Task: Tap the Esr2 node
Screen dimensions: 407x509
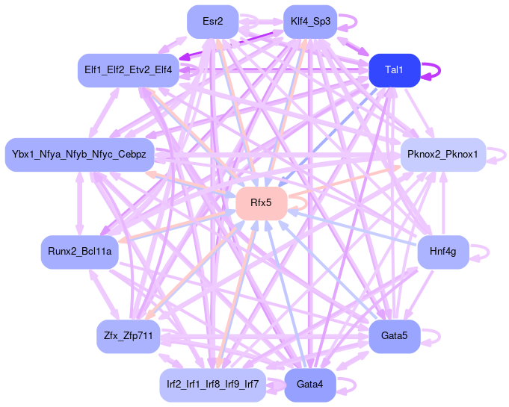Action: [x=213, y=21]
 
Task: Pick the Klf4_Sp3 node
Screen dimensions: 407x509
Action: [x=310, y=21]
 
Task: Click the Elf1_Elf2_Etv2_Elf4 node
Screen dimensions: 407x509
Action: [x=128, y=70]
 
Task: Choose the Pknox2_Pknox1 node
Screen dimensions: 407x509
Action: [x=443, y=155]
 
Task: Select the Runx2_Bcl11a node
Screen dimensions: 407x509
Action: [x=80, y=252]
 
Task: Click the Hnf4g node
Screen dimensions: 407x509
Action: [x=443, y=252]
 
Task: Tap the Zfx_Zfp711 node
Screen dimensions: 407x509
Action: [x=128, y=337]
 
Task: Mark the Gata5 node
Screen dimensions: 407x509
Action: [x=395, y=337]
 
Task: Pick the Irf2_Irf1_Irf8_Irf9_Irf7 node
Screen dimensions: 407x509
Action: [x=213, y=385]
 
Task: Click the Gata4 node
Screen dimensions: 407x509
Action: [x=310, y=385]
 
